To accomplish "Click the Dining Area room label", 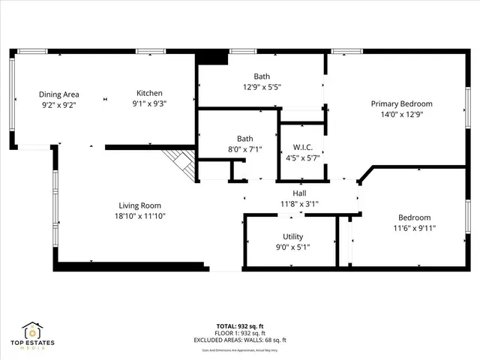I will [59, 94].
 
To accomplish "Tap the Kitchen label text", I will [149, 93].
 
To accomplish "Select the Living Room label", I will [140, 205].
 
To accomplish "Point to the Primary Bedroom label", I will [402, 103].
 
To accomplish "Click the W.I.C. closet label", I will [301, 148].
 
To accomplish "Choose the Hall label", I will [299, 193].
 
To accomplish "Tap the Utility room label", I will [293, 236].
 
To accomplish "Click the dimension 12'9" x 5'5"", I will [262, 86].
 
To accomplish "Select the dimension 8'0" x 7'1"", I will [245, 149].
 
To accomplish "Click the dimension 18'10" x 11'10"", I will [140, 216].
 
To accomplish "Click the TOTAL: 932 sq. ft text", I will [237, 326].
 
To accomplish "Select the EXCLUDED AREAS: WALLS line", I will [238, 340].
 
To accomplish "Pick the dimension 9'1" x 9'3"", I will [149, 103].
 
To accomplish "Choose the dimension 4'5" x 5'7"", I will [301, 158].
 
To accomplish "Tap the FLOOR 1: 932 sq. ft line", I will [237, 333].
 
